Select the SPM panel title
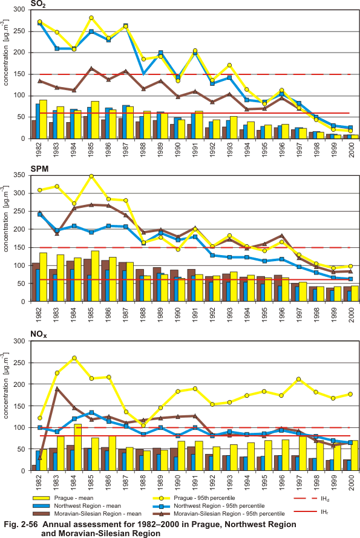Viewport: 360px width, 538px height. (x=39, y=169)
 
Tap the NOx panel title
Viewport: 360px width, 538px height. (x=39, y=334)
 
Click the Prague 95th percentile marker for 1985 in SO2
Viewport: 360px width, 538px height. (x=91, y=18)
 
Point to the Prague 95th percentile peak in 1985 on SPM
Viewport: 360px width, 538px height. (x=91, y=177)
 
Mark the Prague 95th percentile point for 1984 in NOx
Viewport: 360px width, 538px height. (x=74, y=358)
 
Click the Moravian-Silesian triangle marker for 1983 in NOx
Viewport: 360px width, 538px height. (x=57, y=389)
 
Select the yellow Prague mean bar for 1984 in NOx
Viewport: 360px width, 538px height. (x=78, y=447)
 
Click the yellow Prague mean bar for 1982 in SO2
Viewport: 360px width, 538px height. (x=44, y=119)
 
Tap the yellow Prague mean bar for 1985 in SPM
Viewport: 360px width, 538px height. (x=95, y=276)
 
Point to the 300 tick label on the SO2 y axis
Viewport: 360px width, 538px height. (x=19, y=10)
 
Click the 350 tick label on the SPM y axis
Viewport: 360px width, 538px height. (x=19, y=175)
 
